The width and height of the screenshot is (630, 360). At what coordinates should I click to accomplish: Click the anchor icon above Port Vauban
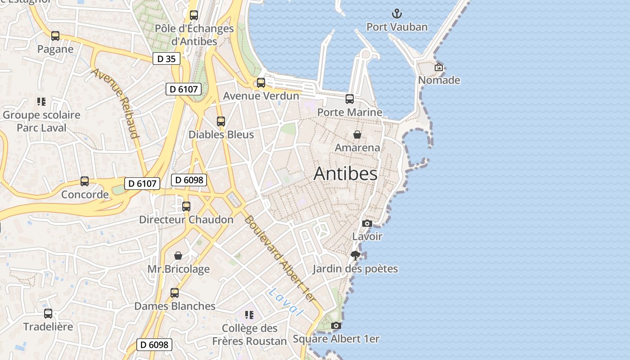(396, 13)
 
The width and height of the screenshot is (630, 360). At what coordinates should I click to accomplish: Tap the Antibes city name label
(345, 174)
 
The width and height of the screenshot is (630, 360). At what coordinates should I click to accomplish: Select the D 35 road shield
(166, 58)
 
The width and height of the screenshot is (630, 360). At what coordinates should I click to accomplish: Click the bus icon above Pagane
(55, 36)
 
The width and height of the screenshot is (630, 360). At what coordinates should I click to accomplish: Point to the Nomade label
(439, 81)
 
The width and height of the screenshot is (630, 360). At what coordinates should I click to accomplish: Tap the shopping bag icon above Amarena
(357, 134)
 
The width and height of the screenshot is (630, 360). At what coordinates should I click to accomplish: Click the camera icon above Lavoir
(367, 223)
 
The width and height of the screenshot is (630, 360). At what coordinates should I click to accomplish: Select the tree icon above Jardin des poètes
(355, 256)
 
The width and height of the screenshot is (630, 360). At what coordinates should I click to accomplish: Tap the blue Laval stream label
(285, 301)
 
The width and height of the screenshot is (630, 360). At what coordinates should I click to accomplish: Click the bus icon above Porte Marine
(350, 99)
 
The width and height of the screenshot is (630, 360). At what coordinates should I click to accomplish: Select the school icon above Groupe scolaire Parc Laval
(41, 102)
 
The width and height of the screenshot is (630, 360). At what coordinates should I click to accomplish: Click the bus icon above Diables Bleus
(220, 121)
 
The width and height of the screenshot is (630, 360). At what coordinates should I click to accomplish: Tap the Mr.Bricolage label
(179, 269)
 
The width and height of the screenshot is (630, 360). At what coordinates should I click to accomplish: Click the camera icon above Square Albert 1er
(336, 326)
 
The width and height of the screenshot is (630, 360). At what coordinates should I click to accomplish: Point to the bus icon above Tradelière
(48, 314)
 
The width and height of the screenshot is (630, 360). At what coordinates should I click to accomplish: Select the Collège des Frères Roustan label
(249, 335)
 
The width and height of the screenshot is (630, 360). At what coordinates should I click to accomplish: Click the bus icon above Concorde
(85, 181)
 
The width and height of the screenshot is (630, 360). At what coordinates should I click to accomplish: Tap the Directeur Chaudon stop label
(186, 220)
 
